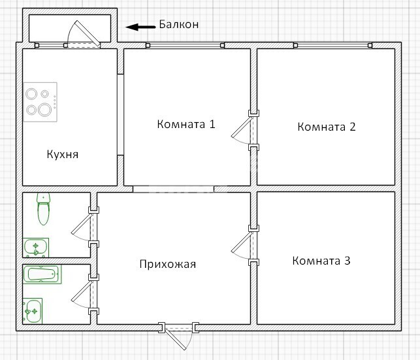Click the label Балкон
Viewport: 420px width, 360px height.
click(179, 24)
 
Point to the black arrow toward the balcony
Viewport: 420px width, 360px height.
click(140, 27)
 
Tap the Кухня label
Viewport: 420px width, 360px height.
click(63, 155)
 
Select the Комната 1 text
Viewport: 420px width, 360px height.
click(186, 124)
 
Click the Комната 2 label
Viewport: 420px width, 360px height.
click(327, 127)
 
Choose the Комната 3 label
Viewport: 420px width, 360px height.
click(321, 261)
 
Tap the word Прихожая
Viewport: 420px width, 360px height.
click(168, 264)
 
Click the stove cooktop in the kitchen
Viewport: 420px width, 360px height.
click(40, 102)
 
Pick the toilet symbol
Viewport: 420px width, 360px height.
click(43, 209)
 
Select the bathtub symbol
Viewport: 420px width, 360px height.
click(42, 274)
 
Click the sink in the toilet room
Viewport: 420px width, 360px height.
click(36, 248)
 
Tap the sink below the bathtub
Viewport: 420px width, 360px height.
click(33, 311)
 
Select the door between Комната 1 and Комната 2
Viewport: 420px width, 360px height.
click(242, 127)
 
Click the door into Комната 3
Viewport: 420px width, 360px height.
click(242, 242)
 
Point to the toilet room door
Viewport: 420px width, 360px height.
click(82, 224)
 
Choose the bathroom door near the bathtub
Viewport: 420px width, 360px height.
click(82, 291)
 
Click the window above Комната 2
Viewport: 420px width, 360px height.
click(332, 45)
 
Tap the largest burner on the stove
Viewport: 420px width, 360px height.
click(44, 110)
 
